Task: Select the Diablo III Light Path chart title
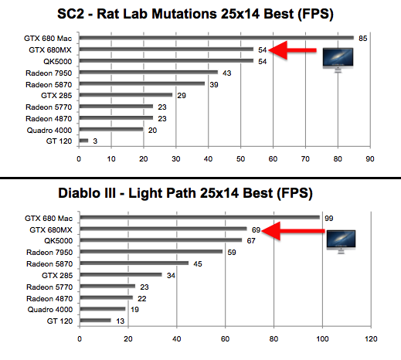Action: tap(200, 194)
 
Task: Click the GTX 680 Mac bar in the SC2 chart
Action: tap(216, 38)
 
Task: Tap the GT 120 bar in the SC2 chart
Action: tap(83, 141)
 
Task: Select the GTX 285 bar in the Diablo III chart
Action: tap(120, 274)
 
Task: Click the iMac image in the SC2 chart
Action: tap(338, 59)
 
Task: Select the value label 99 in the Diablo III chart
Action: tap(328, 217)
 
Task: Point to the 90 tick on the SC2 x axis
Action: tap(370, 159)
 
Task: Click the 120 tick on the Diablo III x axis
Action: tap(372, 339)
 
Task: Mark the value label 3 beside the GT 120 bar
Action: tap(95, 141)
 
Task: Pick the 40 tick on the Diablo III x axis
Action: tap(177, 339)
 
